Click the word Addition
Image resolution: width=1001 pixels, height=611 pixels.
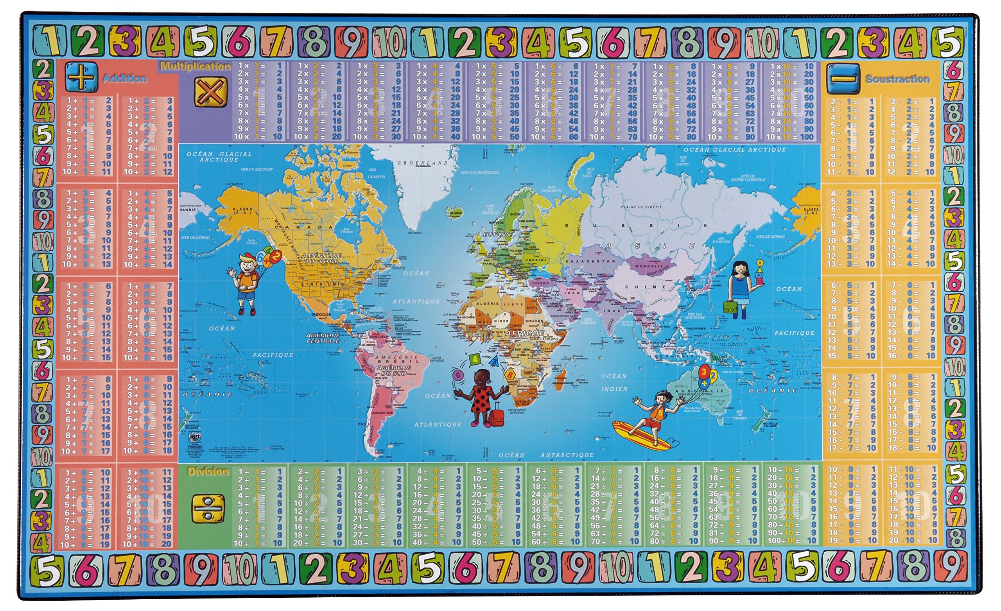(125, 78)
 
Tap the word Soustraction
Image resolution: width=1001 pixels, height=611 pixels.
(897, 79)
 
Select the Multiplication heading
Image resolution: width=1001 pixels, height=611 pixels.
(196, 66)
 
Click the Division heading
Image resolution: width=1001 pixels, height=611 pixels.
(208, 471)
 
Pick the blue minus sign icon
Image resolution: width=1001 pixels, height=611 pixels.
(843, 78)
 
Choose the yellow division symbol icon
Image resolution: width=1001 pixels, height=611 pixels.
(208, 508)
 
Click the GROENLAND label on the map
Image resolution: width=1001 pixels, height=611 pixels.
(423, 163)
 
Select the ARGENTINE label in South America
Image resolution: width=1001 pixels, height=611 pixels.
(382, 412)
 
